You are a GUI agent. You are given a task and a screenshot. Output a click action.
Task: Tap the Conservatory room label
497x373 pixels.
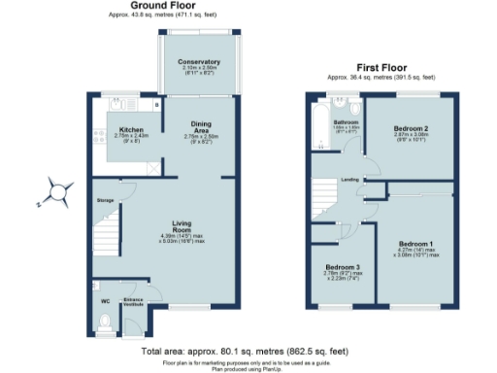tap(199, 62)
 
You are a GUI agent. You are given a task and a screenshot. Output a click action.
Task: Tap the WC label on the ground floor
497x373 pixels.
tap(104, 300)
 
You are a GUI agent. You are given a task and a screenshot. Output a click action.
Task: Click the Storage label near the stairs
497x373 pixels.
tap(106, 200)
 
